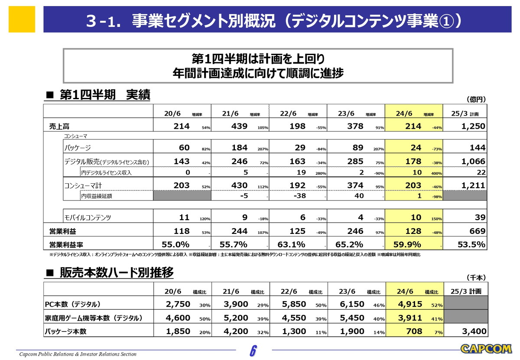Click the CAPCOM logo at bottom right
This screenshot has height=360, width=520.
[x=486, y=349]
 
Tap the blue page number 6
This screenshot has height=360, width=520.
[x=253, y=350]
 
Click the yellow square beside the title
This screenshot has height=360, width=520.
[x=22, y=19]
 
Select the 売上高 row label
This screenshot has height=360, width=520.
[x=59, y=126]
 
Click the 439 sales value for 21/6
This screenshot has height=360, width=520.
[x=239, y=126]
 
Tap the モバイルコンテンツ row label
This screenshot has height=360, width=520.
[x=88, y=217]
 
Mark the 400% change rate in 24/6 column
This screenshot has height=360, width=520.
[x=436, y=173]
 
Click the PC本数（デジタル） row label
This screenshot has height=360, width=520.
[x=73, y=304]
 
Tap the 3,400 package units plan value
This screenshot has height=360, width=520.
[x=472, y=331]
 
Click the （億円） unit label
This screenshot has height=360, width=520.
[x=476, y=99]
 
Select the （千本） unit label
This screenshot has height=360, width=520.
[x=476, y=277]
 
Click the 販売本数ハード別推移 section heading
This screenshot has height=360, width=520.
[x=116, y=272]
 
